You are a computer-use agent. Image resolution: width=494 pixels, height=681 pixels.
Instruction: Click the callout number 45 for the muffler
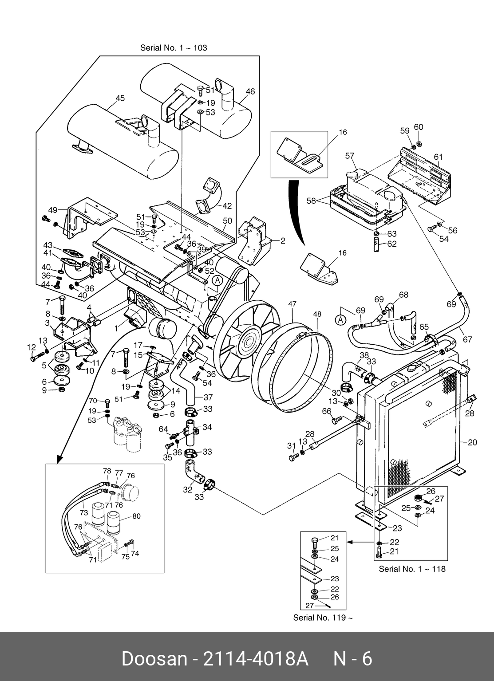click(x=120, y=98)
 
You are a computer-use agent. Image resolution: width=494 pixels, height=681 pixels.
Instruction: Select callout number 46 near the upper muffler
click(x=250, y=91)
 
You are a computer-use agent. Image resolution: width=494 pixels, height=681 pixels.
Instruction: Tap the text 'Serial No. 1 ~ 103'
click(x=174, y=47)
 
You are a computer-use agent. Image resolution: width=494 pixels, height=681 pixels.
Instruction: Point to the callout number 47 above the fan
click(x=292, y=304)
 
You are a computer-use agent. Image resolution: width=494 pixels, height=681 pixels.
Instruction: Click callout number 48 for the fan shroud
click(x=317, y=314)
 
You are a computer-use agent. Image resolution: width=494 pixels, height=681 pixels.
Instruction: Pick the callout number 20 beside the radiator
click(x=472, y=442)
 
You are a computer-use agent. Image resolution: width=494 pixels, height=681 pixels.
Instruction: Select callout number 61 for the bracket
click(x=438, y=157)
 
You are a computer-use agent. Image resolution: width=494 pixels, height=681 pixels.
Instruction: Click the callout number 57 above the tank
click(x=350, y=156)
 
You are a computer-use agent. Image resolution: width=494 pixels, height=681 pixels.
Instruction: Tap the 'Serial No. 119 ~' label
click(x=323, y=617)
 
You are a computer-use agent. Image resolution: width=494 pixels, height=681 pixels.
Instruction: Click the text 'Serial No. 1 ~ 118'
click(x=412, y=569)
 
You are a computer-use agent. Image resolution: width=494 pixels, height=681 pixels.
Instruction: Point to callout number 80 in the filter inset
click(x=136, y=516)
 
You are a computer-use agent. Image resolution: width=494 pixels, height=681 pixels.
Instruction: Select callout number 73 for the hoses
click(x=83, y=512)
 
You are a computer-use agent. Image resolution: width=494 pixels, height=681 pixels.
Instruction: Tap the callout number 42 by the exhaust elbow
click(x=227, y=206)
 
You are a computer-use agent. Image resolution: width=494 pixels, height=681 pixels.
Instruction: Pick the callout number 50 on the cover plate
click(x=227, y=220)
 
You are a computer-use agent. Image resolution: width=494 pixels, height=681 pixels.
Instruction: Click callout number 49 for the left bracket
click(x=53, y=210)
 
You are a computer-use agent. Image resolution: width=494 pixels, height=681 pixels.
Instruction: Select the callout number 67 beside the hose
click(x=467, y=339)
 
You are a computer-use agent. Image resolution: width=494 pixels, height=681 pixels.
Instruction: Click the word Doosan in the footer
click(x=154, y=659)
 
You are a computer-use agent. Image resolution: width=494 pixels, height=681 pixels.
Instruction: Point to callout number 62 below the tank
click(x=392, y=244)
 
